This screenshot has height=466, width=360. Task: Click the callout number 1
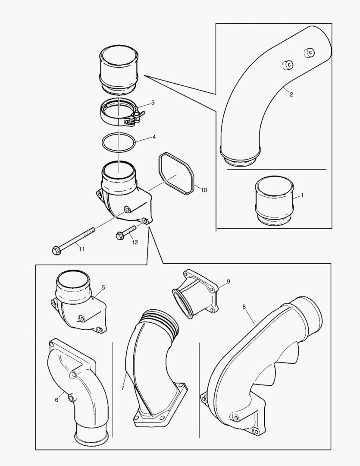coord(302,195)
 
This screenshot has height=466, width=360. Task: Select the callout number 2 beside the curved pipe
coord(291,94)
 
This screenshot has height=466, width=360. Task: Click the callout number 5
coord(103,287)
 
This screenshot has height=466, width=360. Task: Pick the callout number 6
coord(56,400)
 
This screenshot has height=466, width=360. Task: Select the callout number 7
coord(122,388)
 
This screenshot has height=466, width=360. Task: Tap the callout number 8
coord(244,306)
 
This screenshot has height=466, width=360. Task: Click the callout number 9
coord(228,281)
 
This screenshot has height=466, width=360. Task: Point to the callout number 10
coord(203,190)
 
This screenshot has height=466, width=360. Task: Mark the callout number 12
coord(135,242)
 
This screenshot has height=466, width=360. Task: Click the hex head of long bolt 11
coord(56,250)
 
